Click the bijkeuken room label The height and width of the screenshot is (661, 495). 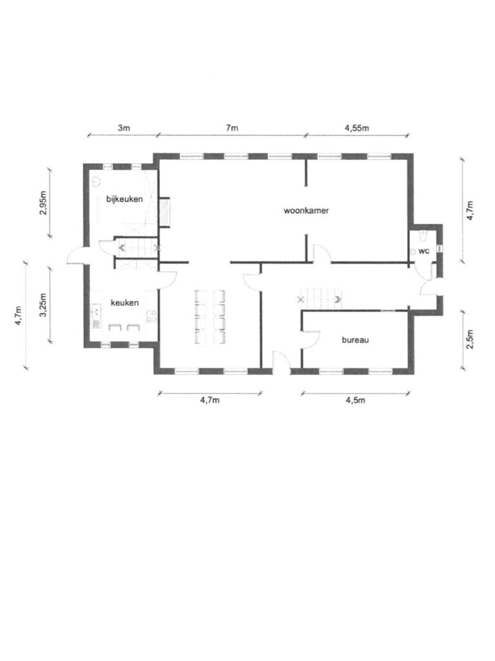(124, 199)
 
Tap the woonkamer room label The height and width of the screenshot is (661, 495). (306, 210)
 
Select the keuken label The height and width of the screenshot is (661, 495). (124, 303)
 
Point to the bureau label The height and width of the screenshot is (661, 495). (355, 340)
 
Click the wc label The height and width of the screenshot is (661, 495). (424, 251)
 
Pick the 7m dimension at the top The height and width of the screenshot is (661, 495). (232, 128)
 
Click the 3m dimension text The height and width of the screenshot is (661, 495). (123, 128)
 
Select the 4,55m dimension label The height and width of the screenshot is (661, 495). (357, 128)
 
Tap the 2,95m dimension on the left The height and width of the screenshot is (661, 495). (43, 203)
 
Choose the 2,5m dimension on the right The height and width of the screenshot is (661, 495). (470, 340)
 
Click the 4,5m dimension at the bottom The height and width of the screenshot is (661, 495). (355, 400)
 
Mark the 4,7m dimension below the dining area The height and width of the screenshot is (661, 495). (209, 400)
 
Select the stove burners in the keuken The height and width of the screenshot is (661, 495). (151, 316)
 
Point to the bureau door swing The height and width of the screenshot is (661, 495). (311, 340)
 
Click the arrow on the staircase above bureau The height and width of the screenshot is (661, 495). (338, 300)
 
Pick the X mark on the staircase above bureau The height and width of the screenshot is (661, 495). (300, 300)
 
